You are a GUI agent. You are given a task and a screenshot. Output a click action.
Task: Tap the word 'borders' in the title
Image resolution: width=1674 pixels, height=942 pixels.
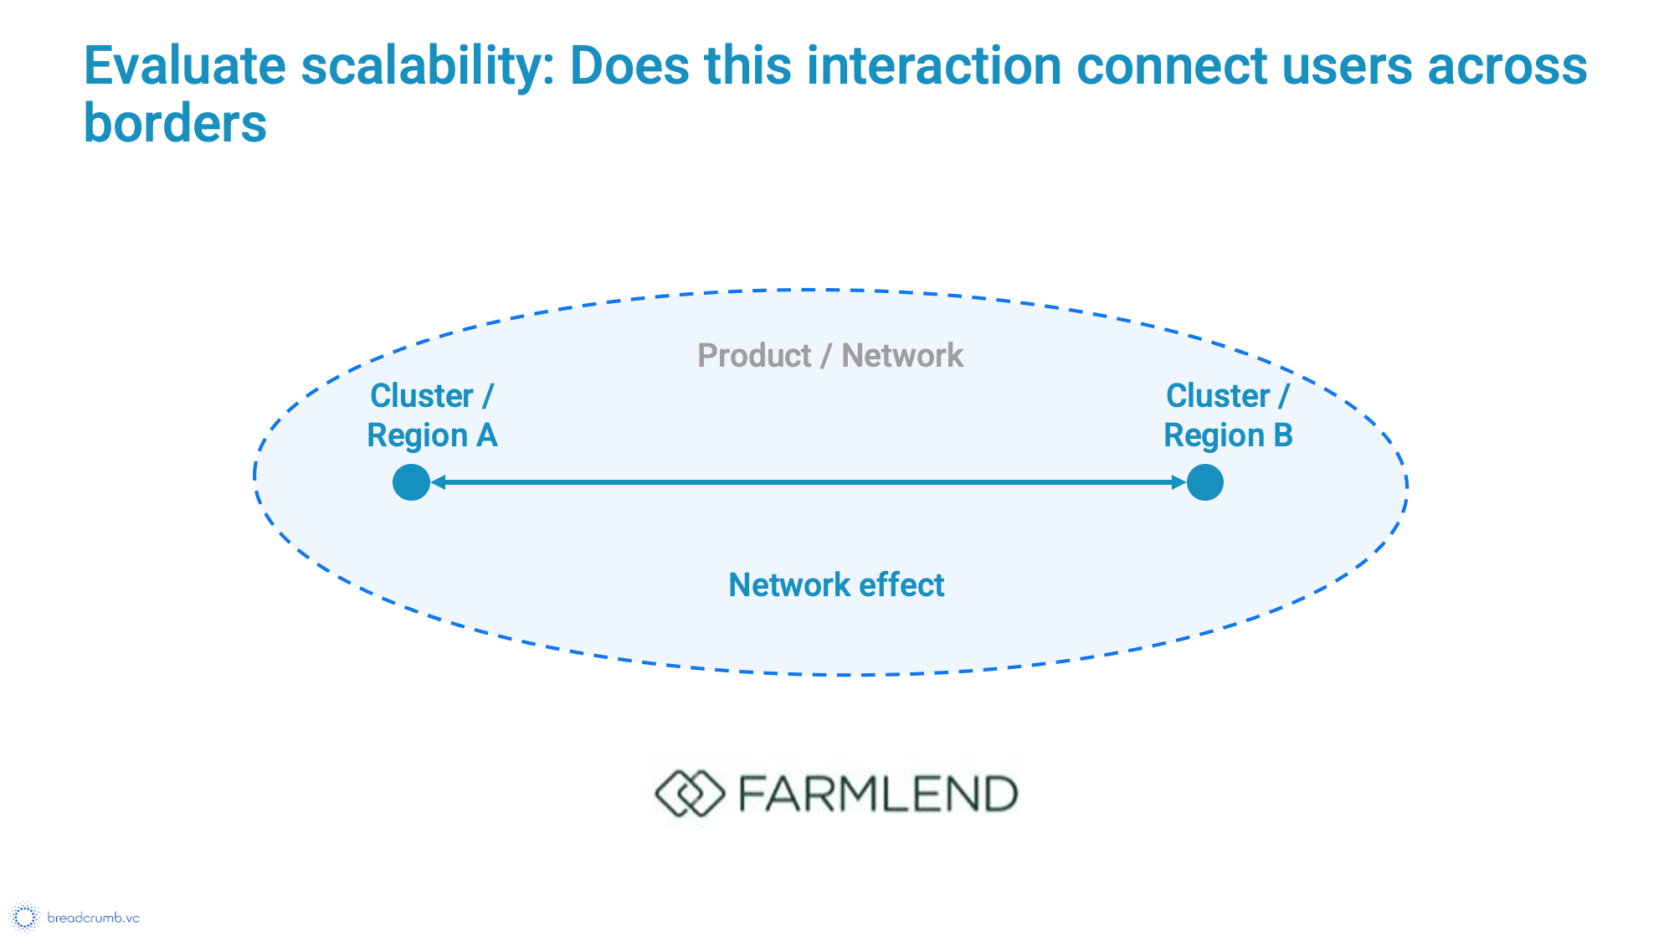(175, 124)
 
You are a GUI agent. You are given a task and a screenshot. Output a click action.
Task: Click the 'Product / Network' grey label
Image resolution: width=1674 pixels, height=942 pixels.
(829, 356)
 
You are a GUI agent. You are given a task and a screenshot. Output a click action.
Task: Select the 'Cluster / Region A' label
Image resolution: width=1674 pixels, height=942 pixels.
(432, 415)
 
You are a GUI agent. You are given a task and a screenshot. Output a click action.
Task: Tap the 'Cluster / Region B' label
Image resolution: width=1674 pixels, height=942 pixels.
(1228, 415)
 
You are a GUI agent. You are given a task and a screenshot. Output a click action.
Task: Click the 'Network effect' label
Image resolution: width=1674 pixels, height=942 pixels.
(836, 584)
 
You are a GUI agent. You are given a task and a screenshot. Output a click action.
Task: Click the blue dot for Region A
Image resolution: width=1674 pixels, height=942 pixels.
(411, 482)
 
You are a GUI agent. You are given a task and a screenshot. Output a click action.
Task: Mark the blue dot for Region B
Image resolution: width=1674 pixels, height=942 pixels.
(1205, 482)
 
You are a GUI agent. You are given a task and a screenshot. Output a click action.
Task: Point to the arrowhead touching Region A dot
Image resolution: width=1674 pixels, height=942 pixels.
(438, 482)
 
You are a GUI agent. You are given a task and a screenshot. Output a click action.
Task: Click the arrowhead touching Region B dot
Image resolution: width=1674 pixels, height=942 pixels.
(1179, 482)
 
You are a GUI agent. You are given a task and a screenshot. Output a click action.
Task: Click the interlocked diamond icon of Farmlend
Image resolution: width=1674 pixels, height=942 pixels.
(689, 793)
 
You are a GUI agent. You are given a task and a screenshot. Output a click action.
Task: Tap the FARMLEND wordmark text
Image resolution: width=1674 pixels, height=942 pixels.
(878, 794)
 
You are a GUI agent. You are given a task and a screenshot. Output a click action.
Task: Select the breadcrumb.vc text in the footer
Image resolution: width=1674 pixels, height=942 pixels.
(93, 918)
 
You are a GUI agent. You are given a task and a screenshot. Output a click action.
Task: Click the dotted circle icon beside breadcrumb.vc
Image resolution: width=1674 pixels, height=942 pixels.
(25, 917)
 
